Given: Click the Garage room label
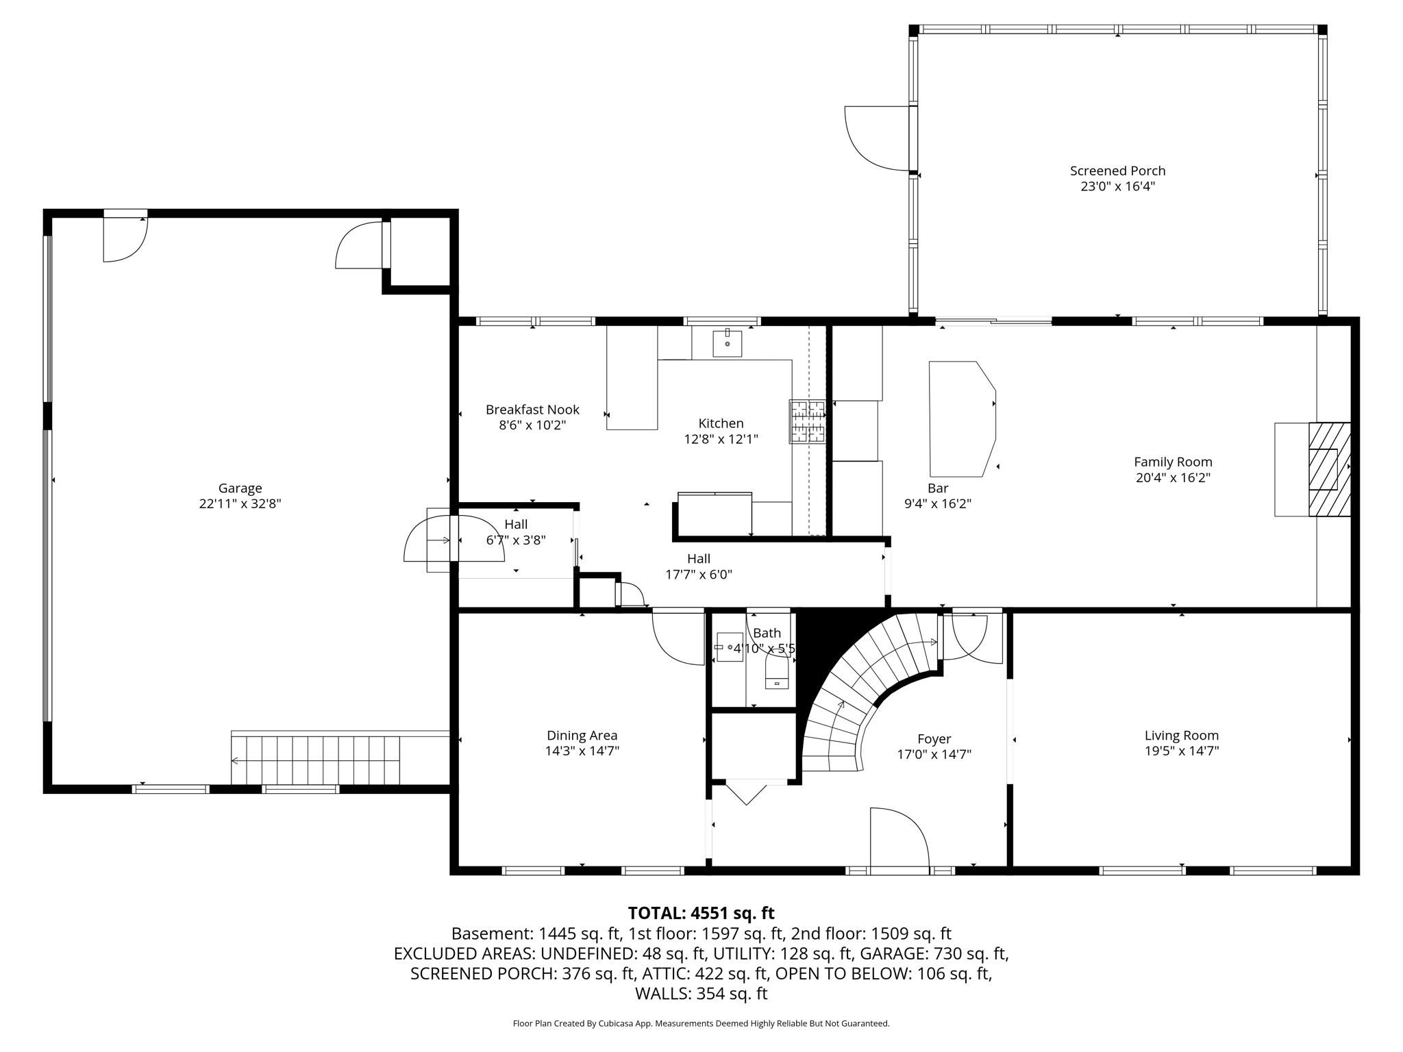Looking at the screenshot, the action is point(240,488).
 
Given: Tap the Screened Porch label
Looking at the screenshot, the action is point(1117,171).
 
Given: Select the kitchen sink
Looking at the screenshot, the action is point(727,342).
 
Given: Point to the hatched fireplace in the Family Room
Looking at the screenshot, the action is point(1330,469).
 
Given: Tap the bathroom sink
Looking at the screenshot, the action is point(730,647).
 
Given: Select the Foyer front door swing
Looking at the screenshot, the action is point(899,838).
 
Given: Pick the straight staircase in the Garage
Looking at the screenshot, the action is point(315,760).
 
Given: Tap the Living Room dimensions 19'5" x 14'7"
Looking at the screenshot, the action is point(1181,751).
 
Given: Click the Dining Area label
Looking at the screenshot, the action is point(582,736).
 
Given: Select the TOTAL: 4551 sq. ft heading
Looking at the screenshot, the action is point(701,913).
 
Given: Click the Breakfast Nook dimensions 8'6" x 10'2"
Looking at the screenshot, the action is point(532,425).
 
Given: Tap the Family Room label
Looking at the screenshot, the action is point(1173,462).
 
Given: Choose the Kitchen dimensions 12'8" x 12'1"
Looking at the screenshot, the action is point(721,438).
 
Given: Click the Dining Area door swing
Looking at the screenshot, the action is point(678,637).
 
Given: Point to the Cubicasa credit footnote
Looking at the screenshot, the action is point(701,1024).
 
